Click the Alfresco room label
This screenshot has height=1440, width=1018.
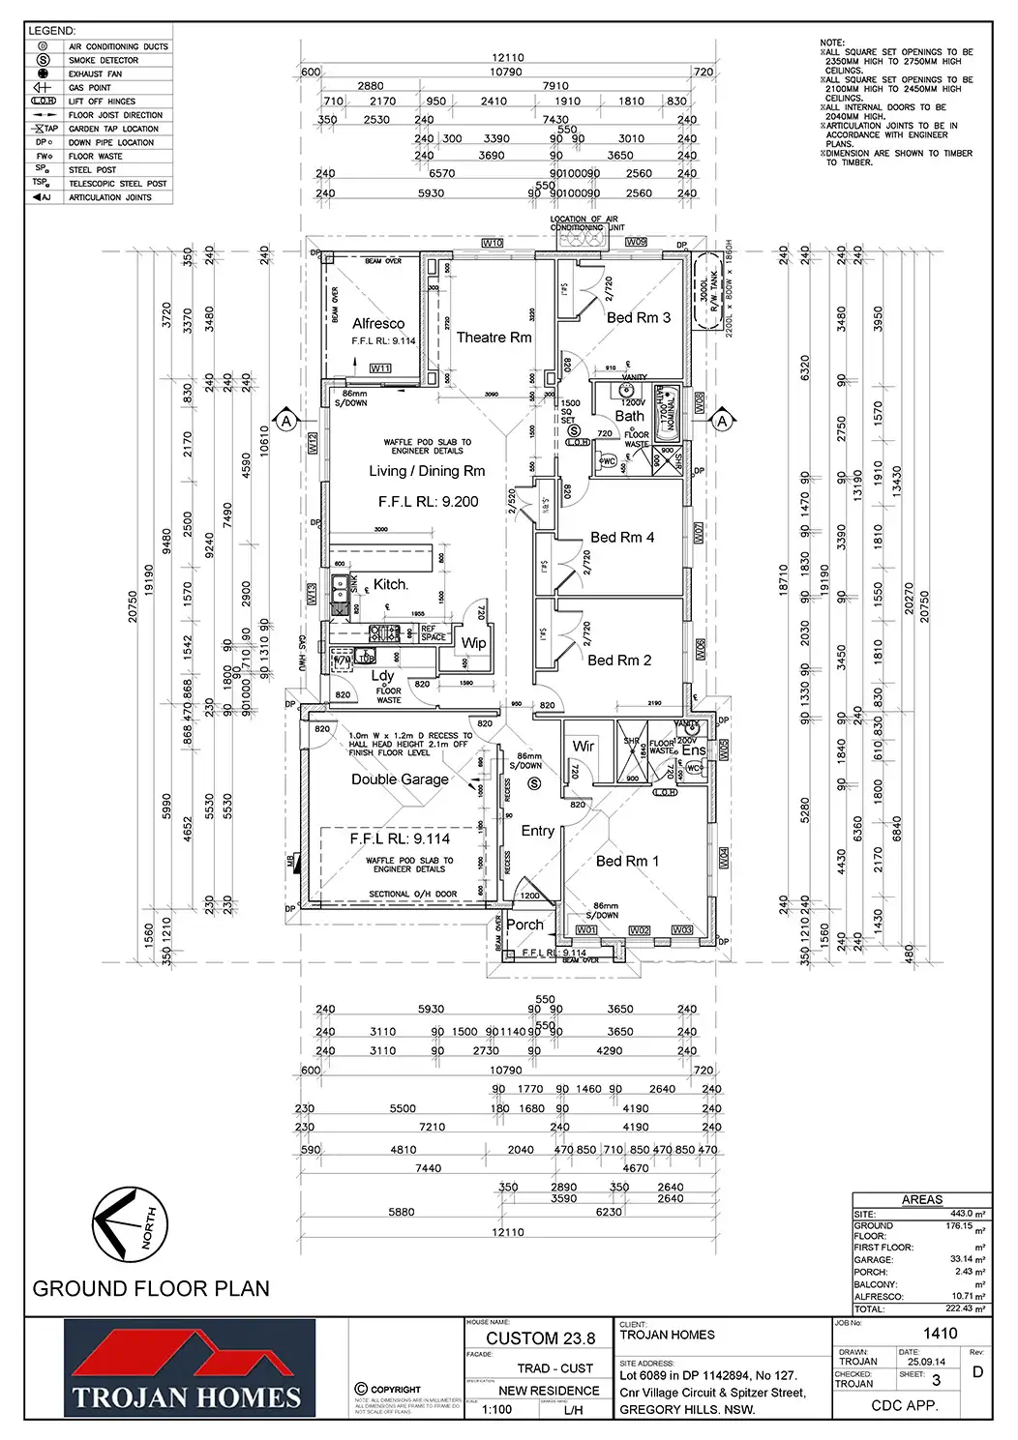[x=378, y=324]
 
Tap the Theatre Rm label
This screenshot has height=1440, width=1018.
[x=494, y=338]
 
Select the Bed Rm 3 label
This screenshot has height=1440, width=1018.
[x=638, y=317]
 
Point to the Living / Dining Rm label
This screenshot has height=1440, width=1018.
[x=427, y=471]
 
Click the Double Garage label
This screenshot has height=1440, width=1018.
[x=400, y=779]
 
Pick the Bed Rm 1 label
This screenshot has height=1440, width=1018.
[x=627, y=861]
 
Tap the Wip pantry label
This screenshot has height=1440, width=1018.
[x=473, y=643]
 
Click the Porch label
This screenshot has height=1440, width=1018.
[x=524, y=925]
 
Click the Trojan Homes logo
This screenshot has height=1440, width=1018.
[x=190, y=1368]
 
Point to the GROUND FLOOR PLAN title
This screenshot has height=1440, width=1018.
[x=151, y=1289]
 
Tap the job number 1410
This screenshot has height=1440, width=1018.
[x=940, y=1334]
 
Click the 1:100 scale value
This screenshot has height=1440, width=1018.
[x=496, y=1409]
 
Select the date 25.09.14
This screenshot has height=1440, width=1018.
[x=926, y=1362]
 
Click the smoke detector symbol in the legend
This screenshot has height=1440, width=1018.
[x=43, y=60]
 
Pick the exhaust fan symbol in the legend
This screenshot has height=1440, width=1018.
[x=43, y=73]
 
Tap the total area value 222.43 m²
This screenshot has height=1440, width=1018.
[x=966, y=1308]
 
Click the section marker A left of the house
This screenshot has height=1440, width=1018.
[x=286, y=421]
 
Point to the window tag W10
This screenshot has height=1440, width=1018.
[x=493, y=243]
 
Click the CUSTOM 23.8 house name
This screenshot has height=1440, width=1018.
[x=540, y=1338]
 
